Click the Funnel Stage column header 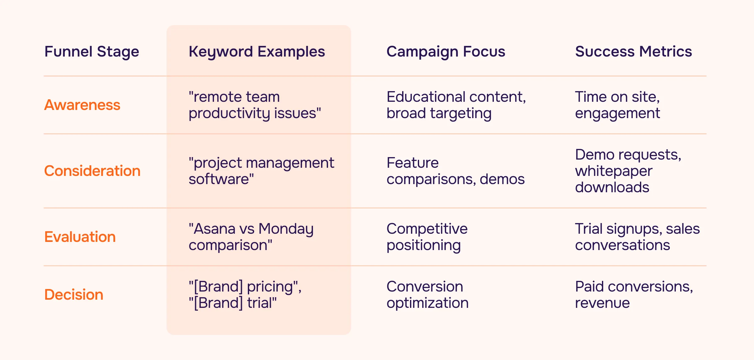(x=91, y=52)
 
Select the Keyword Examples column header (x=257, y=52)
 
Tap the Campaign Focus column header (x=445, y=52)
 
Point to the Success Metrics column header (x=633, y=52)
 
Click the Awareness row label (x=82, y=105)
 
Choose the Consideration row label (x=92, y=171)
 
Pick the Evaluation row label (x=80, y=237)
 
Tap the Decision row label (x=74, y=295)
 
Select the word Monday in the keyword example (x=286, y=229)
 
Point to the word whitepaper (x=614, y=172)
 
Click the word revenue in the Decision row (x=602, y=303)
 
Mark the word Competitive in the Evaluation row (x=427, y=229)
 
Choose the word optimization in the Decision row (x=427, y=303)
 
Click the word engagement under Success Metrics (x=617, y=114)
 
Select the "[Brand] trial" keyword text (x=232, y=303)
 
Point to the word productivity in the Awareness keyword (x=229, y=113)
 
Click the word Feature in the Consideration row (x=413, y=163)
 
